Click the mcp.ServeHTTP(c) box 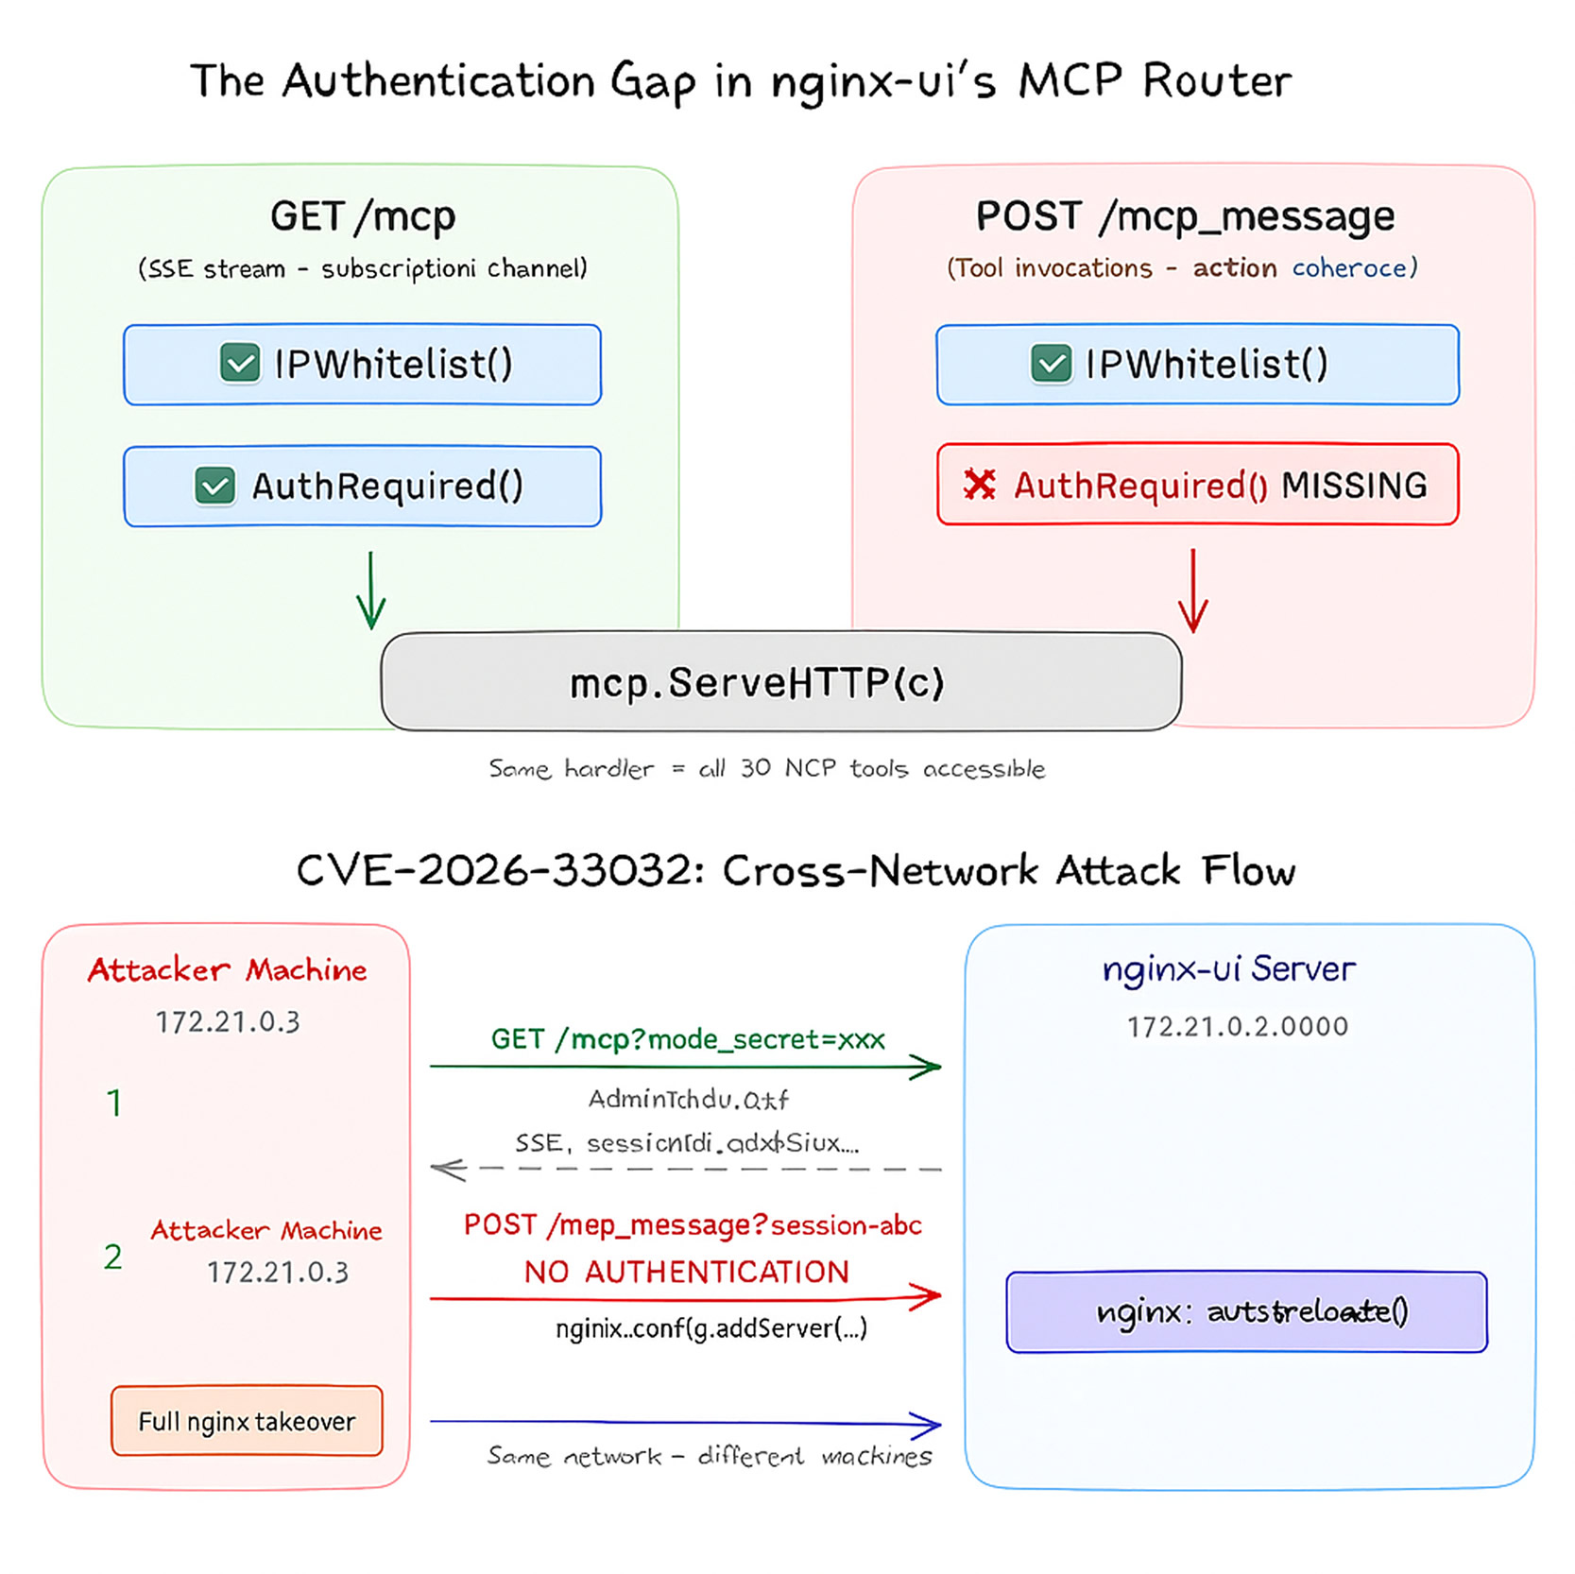coord(780,681)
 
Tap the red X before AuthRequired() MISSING coord(980,485)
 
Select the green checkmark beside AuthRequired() coord(215,486)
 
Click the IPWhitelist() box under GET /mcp coord(362,365)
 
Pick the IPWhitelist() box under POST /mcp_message coord(1197,365)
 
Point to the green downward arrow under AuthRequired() coord(371,590)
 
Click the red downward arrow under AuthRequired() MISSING coord(1193,590)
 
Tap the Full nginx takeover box coord(247,1421)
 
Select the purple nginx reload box coord(1246,1312)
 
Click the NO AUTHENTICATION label coord(687,1272)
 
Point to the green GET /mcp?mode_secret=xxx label coord(687,1039)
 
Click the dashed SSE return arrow coord(687,1170)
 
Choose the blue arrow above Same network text coord(687,1422)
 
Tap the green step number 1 coord(114,1103)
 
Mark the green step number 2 coord(113,1257)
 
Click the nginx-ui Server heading coord(1228,969)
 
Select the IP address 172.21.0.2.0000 coord(1237,1026)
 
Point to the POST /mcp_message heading coord(1185,216)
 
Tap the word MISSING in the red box coord(1353,486)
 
